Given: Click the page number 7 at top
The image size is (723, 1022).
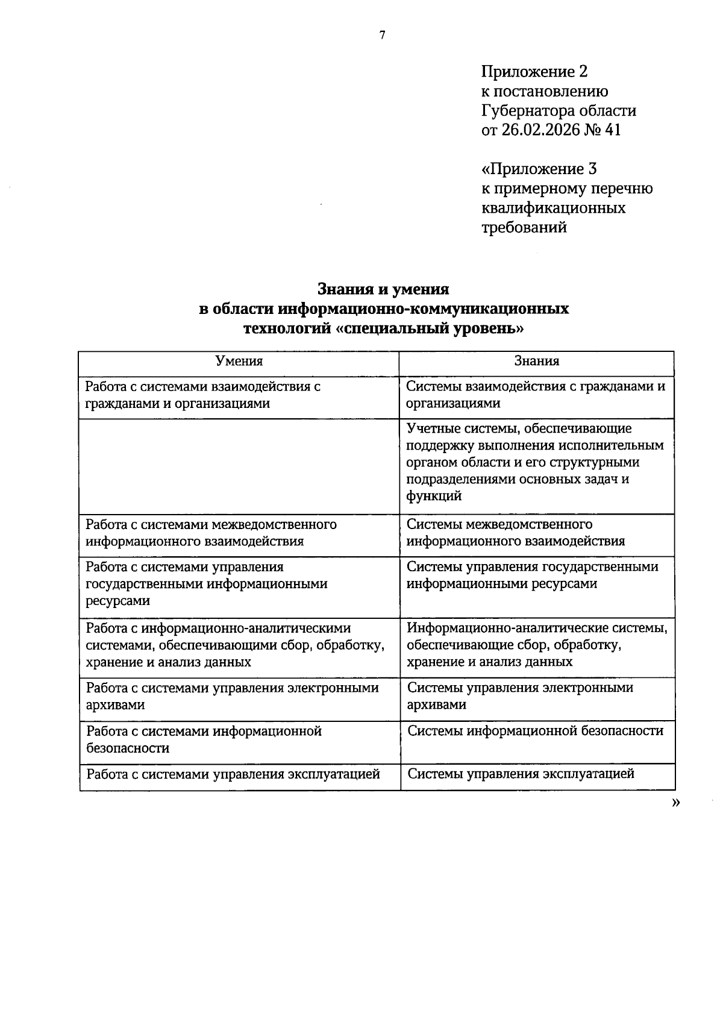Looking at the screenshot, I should coord(382,36).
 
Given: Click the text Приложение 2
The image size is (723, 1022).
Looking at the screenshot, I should coord(534,72).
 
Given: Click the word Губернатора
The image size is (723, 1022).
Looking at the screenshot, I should coord(527,111).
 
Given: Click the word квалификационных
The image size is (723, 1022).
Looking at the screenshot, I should coord(553,208).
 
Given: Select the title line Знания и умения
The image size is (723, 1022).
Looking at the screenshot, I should coord(383,289).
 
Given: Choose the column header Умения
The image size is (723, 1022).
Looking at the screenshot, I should coord(239,362).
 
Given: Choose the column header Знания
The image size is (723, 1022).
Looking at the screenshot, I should coord(536,362).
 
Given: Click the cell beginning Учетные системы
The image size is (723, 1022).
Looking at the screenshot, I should coord(536,462).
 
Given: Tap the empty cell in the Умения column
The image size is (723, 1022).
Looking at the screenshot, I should coord(239,466).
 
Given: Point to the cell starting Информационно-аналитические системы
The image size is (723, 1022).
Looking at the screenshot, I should coord(536,645).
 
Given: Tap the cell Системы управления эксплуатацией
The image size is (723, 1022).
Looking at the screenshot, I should coord(521,774).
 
